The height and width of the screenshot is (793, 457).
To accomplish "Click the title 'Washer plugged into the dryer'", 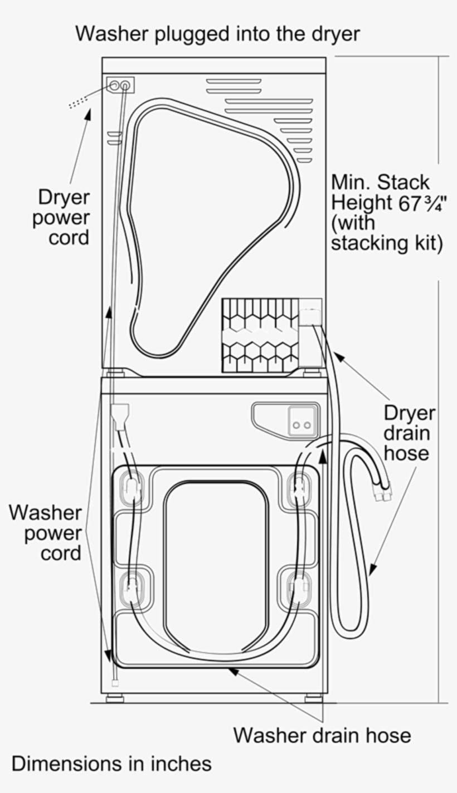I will point(217,34).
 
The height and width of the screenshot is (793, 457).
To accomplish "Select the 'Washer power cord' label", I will point(46,532).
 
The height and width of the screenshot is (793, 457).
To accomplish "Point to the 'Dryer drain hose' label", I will point(409,433).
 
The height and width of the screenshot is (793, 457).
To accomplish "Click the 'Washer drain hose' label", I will point(322,735).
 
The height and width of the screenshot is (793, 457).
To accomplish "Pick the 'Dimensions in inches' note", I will point(111,763).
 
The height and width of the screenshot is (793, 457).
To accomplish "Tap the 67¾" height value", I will point(415,203).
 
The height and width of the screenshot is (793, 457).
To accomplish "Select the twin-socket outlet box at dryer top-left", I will point(120,86).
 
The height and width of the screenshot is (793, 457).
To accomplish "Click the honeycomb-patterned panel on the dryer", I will point(260,335).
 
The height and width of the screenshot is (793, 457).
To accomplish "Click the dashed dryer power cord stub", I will point(79,102).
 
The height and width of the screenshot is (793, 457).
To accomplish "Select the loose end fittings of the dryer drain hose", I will point(385,490).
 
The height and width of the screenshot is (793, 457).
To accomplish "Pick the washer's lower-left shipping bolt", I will point(132,586).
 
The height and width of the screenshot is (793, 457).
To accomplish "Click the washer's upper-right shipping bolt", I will point(299,488).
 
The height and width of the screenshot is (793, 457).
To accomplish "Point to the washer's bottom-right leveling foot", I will point(313,698).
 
